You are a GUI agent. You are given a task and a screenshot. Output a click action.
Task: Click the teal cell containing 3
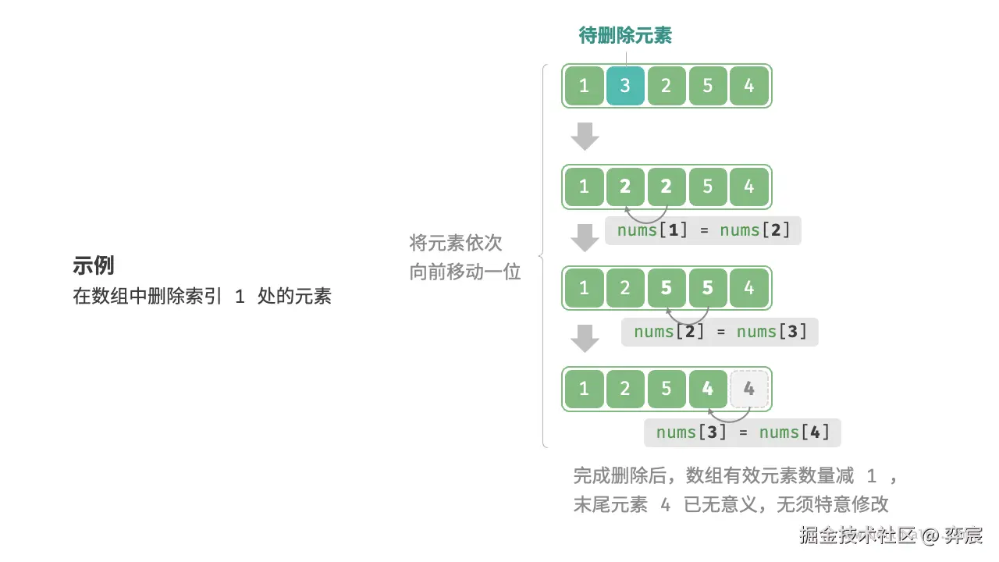(x=625, y=86)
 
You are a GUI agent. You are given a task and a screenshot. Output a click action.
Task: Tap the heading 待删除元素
(x=625, y=35)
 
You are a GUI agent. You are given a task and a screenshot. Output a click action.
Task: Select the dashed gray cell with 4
(x=749, y=389)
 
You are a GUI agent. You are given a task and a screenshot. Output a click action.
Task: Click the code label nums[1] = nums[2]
(x=703, y=230)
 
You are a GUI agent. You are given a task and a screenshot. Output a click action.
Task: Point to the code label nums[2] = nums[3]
(x=720, y=332)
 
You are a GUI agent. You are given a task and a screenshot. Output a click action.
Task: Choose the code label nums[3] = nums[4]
(x=742, y=432)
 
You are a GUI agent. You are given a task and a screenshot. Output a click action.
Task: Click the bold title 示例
(x=94, y=265)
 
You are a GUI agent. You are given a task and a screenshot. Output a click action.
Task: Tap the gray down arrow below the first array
(x=585, y=137)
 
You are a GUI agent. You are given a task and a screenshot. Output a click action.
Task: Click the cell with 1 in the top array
(x=584, y=86)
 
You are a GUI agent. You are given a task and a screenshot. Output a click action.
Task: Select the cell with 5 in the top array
(x=708, y=86)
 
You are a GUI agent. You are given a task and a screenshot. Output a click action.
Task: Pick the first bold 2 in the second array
(x=625, y=187)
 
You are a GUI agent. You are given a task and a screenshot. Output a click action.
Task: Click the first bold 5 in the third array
(x=667, y=288)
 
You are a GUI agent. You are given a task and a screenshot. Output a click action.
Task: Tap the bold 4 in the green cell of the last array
(x=708, y=389)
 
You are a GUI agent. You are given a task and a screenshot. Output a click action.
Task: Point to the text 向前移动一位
(x=465, y=272)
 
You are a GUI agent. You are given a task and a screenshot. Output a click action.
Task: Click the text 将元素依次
(x=456, y=243)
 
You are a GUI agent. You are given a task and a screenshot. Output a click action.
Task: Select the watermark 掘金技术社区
(x=856, y=536)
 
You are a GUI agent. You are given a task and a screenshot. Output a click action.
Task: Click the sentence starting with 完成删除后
(x=736, y=476)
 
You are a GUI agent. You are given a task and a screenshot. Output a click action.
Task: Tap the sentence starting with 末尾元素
(x=731, y=504)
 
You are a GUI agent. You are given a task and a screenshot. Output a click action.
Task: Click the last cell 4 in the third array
(x=749, y=288)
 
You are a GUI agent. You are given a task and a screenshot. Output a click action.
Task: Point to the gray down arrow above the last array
(x=585, y=339)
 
